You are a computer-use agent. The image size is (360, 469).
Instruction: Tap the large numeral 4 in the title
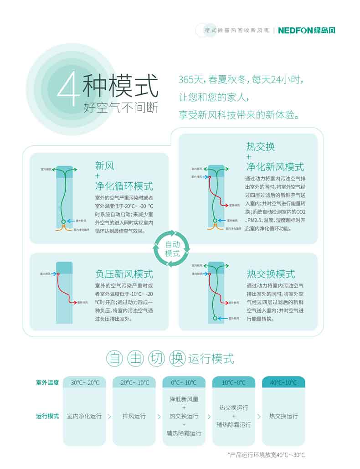click(67, 87)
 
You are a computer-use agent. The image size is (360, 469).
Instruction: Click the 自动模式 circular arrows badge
click(172, 249)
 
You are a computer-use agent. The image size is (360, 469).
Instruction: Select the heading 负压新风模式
click(124, 274)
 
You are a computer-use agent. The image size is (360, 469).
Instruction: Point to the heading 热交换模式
click(271, 274)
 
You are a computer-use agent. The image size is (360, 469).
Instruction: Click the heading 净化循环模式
click(124, 186)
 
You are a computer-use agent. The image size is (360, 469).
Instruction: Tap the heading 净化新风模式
click(275, 167)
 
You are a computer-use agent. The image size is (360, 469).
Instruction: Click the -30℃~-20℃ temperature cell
click(84, 382)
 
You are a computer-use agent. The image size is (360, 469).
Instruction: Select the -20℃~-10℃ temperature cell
click(134, 382)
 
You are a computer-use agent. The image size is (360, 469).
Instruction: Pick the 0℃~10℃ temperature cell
click(184, 382)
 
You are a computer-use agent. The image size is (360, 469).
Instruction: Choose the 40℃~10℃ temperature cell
click(283, 382)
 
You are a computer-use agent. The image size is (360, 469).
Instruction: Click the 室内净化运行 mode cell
click(84, 416)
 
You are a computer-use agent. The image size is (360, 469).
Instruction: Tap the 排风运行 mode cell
click(134, 416)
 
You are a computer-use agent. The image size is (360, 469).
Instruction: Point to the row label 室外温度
click(47, 382)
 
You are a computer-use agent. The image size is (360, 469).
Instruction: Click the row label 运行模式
click(47, 416)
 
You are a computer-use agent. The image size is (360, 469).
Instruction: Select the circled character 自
click(115, 358)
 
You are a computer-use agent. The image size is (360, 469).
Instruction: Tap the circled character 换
click(178, 358)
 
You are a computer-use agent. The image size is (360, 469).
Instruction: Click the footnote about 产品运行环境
click(266, 455)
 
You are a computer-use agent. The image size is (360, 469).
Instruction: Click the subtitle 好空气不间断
click(120, 108)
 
